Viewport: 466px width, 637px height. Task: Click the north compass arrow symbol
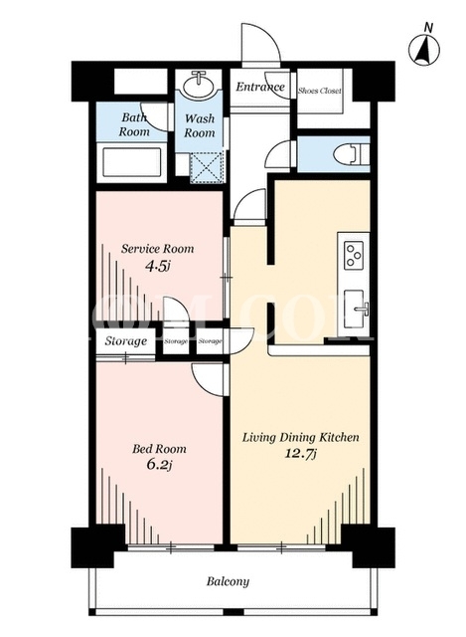pyautogui.click(x=424, y=50)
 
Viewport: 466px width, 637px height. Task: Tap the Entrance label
pyautogui.click(x=260, y=87)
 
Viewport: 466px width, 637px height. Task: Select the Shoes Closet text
pyautogui.click(x=319, y=91)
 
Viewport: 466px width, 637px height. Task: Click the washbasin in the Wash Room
pyautogui.click(x=199, y=85)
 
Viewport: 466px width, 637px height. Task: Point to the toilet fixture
pyautogui.click(x=351, y=154)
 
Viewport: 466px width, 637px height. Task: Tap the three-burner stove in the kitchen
pyautogui.click(x=354, y=255)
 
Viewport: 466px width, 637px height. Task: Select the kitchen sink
pyautogui.click(x=355, y=309)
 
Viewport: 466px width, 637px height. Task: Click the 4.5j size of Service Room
pyautogui.click(x=157, y=267)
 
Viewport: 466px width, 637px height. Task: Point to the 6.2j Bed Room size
pyautogui.click(x=159, y=465)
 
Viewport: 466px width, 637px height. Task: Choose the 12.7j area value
pyautogui.click(x=300, y=454)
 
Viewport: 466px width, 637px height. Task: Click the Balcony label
pyautogui.click(x=228, y=581)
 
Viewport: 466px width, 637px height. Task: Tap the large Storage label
pyautogui.click(x=126, y=340)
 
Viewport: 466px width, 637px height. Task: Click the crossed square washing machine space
pyautogui.click(x=207, y=167)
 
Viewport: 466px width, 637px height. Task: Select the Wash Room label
pyautogui.click(x=200, y=125)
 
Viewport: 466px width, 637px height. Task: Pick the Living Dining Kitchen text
pyautogui.click(x=300, y=437)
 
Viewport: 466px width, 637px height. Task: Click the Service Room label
pyautogui.click(x=157, y=248)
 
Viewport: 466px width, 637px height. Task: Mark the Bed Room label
pyautogui.click(x=159, y=449)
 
